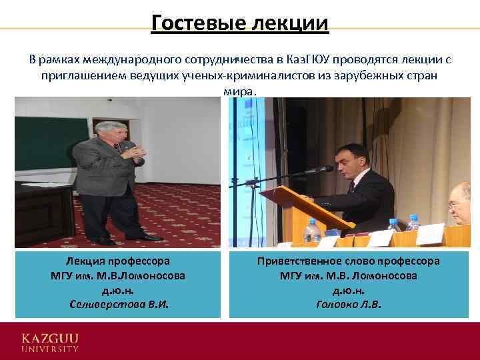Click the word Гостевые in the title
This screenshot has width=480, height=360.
(189, 23)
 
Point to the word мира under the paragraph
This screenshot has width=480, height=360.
(239, 91)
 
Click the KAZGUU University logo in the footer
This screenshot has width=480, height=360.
(50, 339)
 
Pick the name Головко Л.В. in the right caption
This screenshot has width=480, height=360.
(349, 305)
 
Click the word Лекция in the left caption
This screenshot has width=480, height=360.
(84, 261)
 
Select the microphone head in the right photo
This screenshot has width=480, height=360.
(327, 169)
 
